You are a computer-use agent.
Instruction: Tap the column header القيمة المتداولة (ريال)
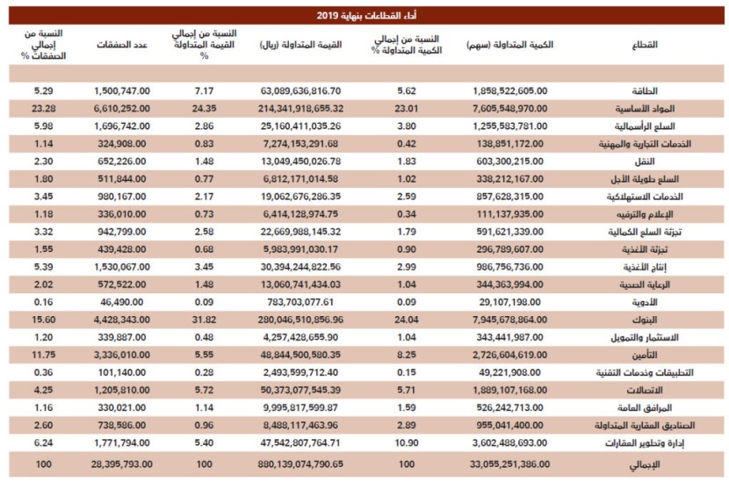[x=302, y=44]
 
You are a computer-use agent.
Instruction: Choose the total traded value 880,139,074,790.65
[x=301, y=463]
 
